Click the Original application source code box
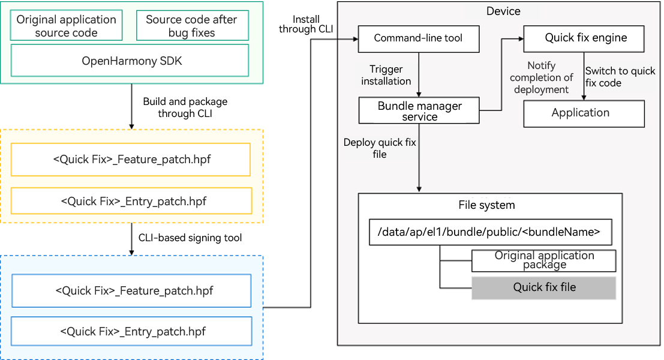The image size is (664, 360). point(66,26)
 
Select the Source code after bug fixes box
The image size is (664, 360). point(191,26)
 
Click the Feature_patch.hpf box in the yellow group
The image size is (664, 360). point(131,160)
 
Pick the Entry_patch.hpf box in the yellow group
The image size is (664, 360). point(131,201)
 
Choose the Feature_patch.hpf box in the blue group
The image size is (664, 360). point(131,291)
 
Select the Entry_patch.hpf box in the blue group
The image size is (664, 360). point(131,331)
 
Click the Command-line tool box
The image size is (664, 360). point(418,38)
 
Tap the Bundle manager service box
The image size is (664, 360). point(419,111)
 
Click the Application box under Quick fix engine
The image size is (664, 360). point(583,113)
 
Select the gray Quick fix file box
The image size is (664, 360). point(543,287)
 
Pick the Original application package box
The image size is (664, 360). point(543,260)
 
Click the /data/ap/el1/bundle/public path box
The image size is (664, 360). point(490,232)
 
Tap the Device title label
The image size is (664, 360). point(503,11)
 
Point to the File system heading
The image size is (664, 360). point(486,205)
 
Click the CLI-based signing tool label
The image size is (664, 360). point(190,238)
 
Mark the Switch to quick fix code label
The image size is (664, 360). point(620,77)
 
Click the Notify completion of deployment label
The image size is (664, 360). point(541,77)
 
